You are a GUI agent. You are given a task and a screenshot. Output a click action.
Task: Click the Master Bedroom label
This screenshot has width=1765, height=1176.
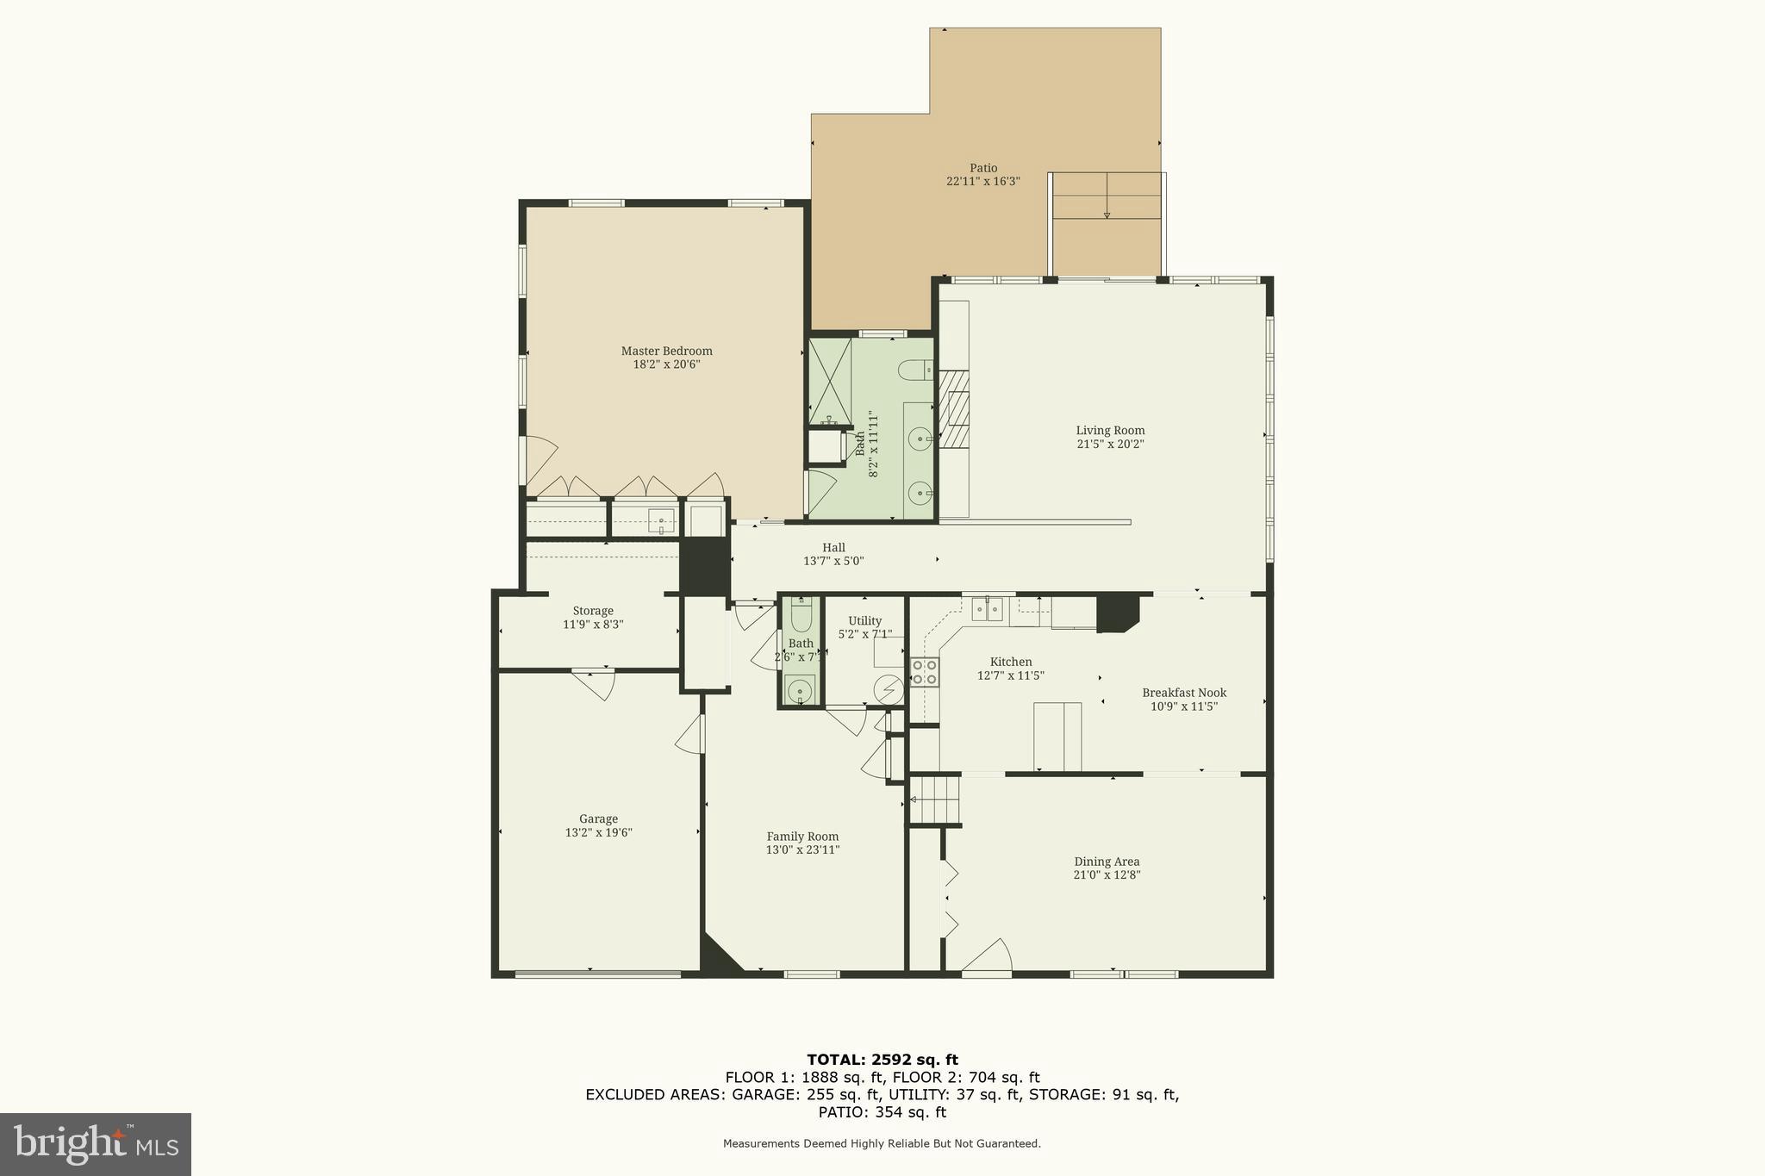pyautogui.click(x=666, y=351)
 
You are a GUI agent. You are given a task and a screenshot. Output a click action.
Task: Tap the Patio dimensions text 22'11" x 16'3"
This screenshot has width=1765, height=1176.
pyautogui.click(x=982, y=182)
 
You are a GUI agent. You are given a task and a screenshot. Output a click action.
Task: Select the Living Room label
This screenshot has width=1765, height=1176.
pyautogui.click(x=1110, y=431)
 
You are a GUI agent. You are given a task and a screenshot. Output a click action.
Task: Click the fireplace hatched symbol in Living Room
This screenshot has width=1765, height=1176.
pyautogui.click(x=954, y=409)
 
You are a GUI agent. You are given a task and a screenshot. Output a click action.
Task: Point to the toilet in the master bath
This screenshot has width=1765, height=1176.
pyautogui.click(x=914, y=370)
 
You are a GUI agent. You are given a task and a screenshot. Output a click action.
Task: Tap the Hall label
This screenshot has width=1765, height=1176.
pyautogui.click(x=833, y=547)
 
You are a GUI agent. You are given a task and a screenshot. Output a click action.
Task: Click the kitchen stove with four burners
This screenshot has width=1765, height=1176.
pyautogui.click(x=925, y=672)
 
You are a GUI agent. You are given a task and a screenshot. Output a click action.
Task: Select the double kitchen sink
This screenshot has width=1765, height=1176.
pyautogui.click(x=987, y=609)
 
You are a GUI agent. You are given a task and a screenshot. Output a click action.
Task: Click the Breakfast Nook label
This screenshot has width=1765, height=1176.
pyautogui.click(x=1183, y=693)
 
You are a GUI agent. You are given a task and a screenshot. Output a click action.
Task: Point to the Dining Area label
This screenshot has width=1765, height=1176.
pyautogui.click(x=1106, y=862)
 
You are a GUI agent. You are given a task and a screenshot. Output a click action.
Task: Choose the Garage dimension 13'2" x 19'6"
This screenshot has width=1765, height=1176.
pyautogui.click(x=598, y=833)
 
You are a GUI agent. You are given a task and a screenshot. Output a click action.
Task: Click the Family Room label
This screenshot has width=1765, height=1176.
pyautogui.click(x=802, y=837)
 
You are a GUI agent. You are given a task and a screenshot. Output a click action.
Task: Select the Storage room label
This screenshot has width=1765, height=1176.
pyautogui.click(x=593, y=611)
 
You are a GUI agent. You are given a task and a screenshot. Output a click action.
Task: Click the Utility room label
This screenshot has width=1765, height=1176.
pyautogui.click(x=864, y=621)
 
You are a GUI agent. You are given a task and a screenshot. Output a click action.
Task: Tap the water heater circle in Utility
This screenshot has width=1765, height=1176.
pyautogui.click(x=889, y=689)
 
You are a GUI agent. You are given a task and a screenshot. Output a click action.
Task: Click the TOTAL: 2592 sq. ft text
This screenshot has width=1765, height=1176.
pyautogui.click(x=882, y=1060)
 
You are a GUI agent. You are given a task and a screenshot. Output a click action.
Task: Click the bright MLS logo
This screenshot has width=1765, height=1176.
pyautogui.click(x=95, y=1144)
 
